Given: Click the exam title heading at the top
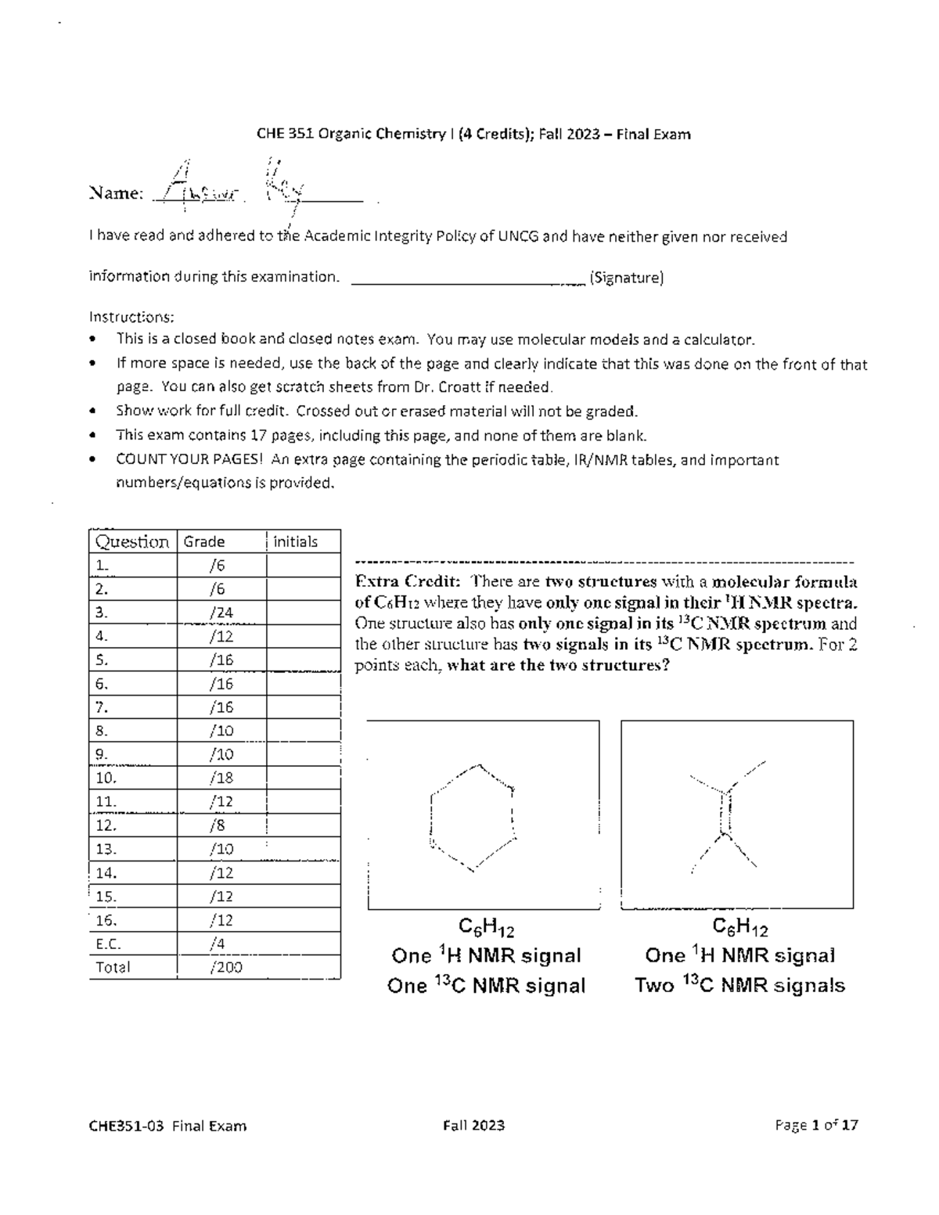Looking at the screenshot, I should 473,134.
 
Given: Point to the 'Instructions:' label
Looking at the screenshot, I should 131,317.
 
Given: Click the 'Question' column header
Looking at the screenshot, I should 131,541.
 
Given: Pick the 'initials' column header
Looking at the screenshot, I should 296,541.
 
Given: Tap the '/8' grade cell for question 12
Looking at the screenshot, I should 218,825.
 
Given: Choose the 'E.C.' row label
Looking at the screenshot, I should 108,944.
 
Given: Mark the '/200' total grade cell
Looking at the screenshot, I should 226,967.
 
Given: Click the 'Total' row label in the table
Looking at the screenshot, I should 113,967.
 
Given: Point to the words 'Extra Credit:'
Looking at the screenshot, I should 401,581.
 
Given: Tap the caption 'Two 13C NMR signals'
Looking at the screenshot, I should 739,985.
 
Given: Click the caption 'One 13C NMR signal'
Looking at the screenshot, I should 486,986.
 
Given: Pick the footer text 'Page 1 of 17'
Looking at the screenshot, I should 816,1126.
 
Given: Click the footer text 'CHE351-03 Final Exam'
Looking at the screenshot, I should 167,1126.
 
